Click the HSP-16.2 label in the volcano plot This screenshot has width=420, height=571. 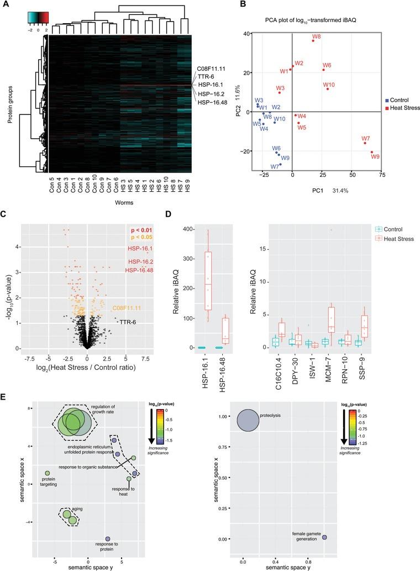pyautogui.click(x=140, y=261)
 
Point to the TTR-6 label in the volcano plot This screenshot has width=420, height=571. pyautogui.click(x=128, y=321)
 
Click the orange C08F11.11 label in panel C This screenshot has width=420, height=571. pyautogui.click(x=127, y=308)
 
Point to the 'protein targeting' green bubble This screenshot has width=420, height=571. pyautogui.click(x=48, y=473)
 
